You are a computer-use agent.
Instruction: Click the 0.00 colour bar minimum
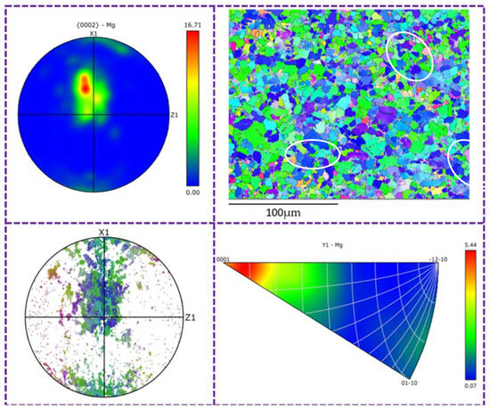pos(192,193)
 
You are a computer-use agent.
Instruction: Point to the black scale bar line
pos(282,204)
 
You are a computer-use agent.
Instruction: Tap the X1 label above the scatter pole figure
pos(103,234)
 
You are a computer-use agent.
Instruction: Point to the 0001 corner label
pos(222,258)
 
